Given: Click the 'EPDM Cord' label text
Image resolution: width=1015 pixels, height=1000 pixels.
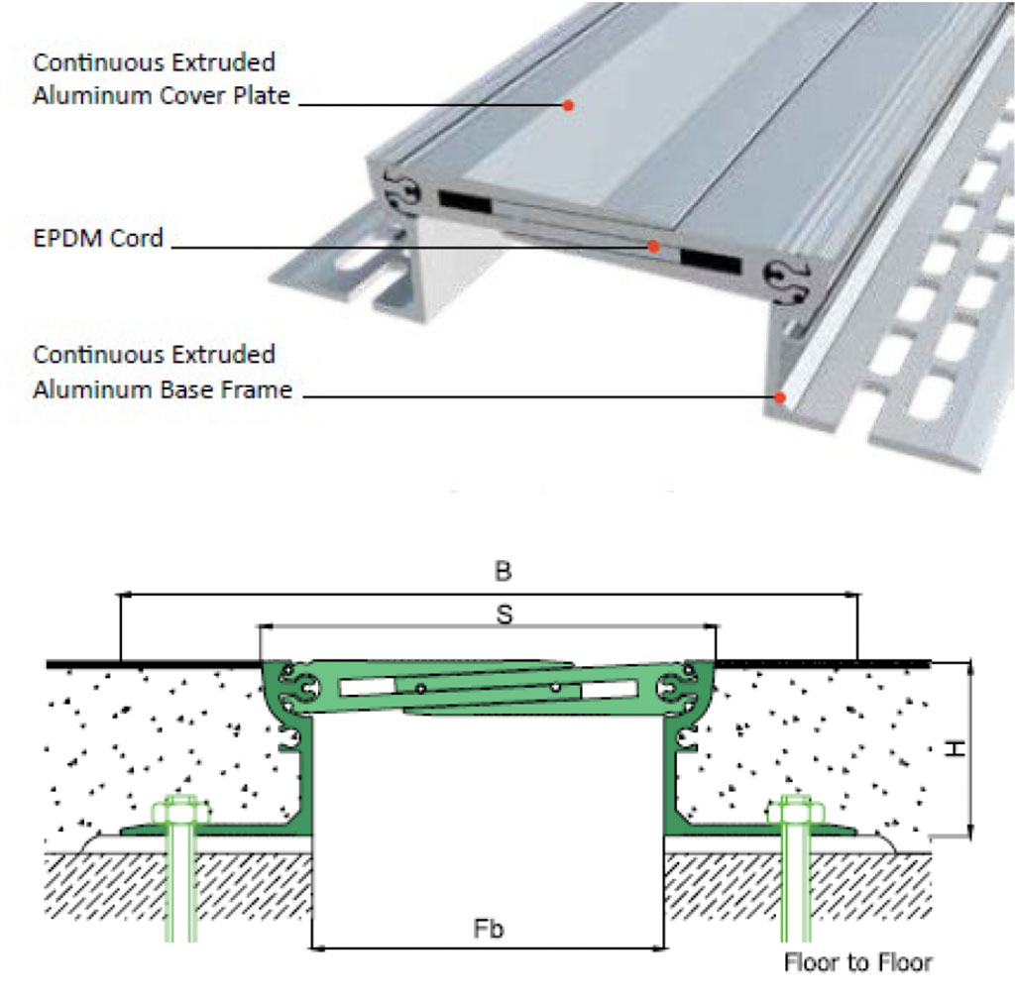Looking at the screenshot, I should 98,238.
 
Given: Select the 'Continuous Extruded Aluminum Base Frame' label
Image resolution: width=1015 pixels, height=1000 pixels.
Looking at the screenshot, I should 163,372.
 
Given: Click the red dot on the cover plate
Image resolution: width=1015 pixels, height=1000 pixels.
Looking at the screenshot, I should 569,104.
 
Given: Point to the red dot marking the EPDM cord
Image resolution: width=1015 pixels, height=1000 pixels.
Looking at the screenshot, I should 654,246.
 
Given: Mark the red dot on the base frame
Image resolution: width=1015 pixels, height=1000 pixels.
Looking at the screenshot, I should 781,398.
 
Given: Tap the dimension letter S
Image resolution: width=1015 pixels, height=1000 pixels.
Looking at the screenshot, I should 505,614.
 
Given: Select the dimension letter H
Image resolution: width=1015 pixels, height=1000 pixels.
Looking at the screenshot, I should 954,750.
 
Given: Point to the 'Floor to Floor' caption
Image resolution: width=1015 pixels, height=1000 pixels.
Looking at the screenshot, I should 858,961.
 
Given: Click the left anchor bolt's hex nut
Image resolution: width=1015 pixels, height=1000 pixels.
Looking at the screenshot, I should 181,811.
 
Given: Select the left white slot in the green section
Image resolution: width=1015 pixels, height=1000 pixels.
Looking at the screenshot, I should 366,687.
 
